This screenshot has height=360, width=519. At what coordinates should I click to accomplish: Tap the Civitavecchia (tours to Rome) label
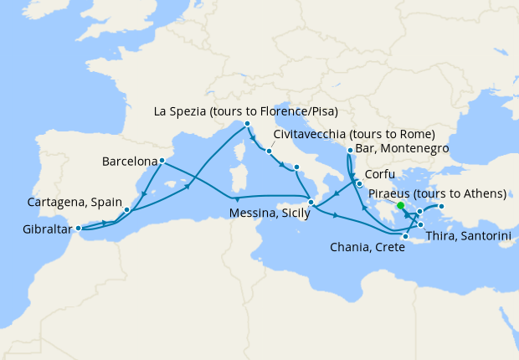coord(354,134)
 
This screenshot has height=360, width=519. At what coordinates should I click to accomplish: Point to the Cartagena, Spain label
coord(73,202)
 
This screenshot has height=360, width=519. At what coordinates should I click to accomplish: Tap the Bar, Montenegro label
coord(403,148)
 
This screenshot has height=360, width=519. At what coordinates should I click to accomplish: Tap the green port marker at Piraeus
coord(401,206)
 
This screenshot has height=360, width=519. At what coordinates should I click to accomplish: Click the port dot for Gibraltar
coord(79,228)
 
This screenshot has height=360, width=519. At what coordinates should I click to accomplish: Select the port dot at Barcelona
coord(161,161)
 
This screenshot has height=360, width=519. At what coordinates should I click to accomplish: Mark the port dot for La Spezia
coord(247,124)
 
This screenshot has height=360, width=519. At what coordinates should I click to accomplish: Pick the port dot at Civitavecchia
coord(269,152)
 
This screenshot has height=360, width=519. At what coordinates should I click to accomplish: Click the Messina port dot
coord(311,202)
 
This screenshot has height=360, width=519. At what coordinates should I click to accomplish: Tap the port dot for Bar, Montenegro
coord(349,151)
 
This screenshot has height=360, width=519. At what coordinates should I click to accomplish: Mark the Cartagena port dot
coord(126,209)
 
